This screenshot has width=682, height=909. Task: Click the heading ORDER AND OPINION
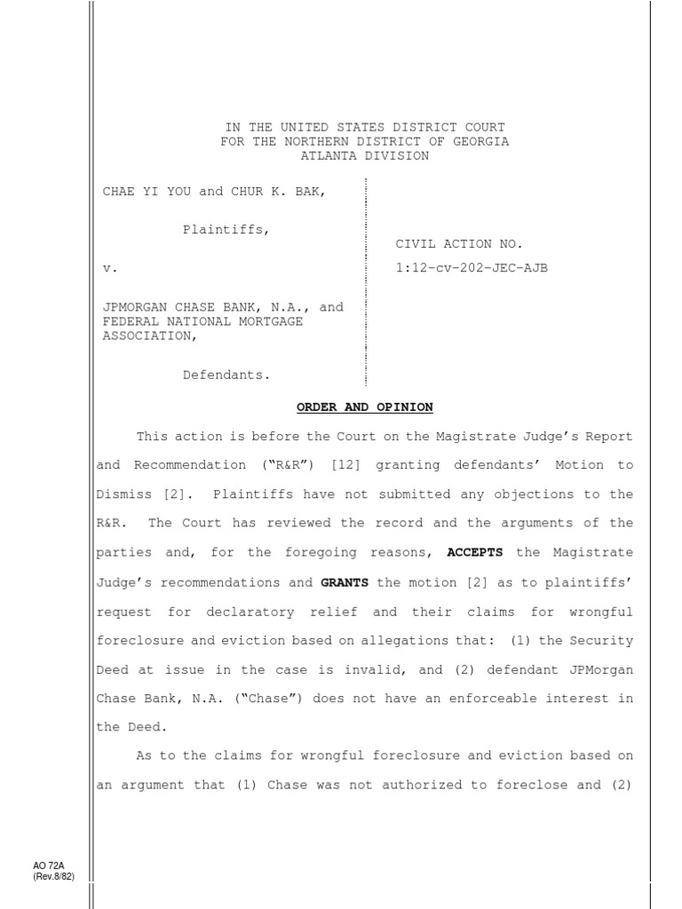click(364, 407)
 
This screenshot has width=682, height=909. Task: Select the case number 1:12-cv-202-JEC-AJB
click(472, 267)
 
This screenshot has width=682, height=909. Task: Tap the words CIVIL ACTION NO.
click(459, 244)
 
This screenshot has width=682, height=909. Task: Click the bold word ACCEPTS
click(475, 552)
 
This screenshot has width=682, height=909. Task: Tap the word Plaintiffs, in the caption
click(226, 229)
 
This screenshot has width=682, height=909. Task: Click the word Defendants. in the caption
click(226, 375)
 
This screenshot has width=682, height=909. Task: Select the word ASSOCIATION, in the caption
click(147, 336)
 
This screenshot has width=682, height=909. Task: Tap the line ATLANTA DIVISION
click(364, 156)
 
